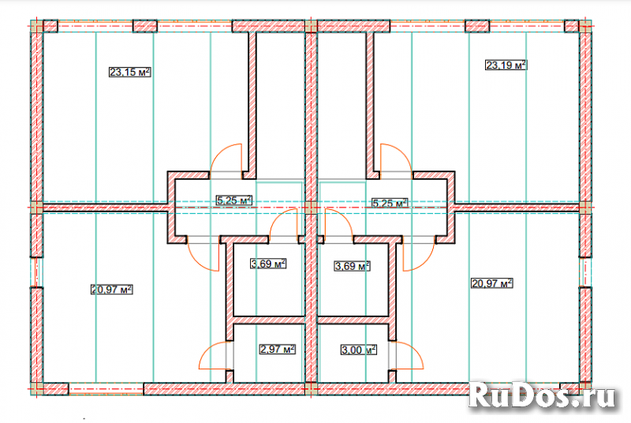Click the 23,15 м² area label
(x=130, y=73)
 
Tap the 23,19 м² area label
(x=506, y=65)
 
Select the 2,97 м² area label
(x=278, y=349)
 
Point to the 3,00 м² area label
(x=359, y=350)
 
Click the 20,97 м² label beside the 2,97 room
(x=111, y=290)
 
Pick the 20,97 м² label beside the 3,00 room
(x=491, y=283)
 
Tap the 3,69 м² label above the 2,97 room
(x=268, y=264)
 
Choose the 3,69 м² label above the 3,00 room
(x=352, y=266)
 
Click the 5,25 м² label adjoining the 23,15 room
(x=234, y=200)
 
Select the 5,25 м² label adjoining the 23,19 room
(x=390, y=203)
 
